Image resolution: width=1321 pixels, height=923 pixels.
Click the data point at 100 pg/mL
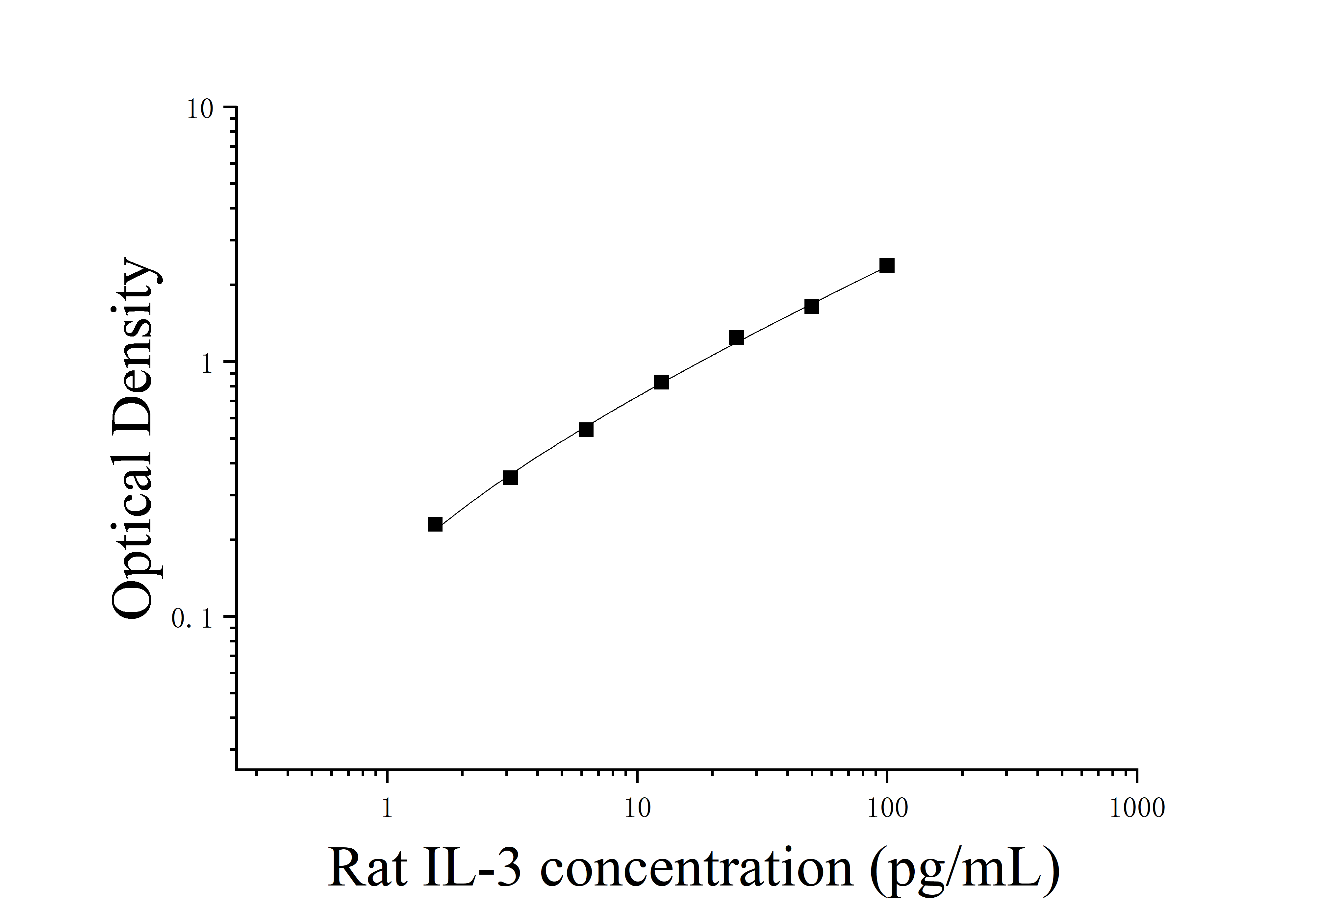click(x=887, y=266)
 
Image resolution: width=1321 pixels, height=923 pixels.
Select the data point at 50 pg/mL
click(x=811, y=307)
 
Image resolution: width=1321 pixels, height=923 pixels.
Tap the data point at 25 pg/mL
click(x=736, y=337)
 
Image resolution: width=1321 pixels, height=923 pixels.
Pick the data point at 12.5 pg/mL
click(x=661, y=383)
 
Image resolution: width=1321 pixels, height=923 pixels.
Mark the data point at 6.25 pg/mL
click(x=586, y=430)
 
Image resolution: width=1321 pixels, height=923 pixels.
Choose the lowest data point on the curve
click(x=435, y=524)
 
